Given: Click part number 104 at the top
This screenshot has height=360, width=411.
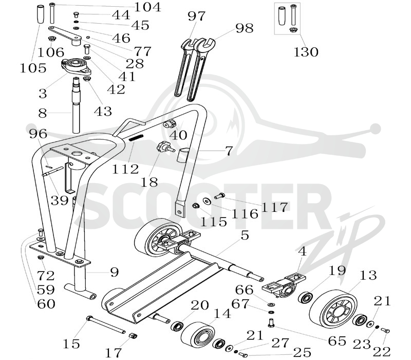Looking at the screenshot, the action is (x=147, y=7).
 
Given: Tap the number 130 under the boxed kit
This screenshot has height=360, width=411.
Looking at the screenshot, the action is (x=306, y=52).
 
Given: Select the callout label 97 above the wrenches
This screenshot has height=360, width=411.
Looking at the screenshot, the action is (x=196, y=16).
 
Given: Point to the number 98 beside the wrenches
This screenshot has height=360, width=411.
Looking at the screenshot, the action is (x=245, y=28).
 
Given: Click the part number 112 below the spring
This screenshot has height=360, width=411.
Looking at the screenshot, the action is (x=125, y=169).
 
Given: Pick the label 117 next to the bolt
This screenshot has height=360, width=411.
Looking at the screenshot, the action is (x=274, y=207).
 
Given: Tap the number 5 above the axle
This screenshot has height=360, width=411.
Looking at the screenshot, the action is (x=245, y=236).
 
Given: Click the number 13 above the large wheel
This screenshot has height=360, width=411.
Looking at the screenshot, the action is (x=368, y=275).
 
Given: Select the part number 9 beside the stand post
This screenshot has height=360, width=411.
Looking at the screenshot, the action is (x=114, y=273).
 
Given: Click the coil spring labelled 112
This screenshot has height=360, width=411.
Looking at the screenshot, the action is (x=136, y=138).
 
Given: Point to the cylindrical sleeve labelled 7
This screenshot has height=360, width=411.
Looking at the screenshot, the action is (x=184, y=155).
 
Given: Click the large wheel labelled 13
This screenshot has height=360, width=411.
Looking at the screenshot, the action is (x=333, y=309).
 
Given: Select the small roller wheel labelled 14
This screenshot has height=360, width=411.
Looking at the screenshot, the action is (x=198, y=334).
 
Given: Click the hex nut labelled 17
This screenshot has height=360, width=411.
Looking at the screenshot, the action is (x=133, y=336).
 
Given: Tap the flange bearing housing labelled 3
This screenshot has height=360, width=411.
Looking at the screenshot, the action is (x=76, y=66).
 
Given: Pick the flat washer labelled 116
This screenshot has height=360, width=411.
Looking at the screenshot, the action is (x=208, y=201).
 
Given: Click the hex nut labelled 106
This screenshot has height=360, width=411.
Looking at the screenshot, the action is (x=52, y=39).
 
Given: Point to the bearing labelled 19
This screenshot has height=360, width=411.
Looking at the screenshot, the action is (x=306, y=298).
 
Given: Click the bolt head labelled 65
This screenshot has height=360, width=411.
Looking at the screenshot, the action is (x=271, y=322).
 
